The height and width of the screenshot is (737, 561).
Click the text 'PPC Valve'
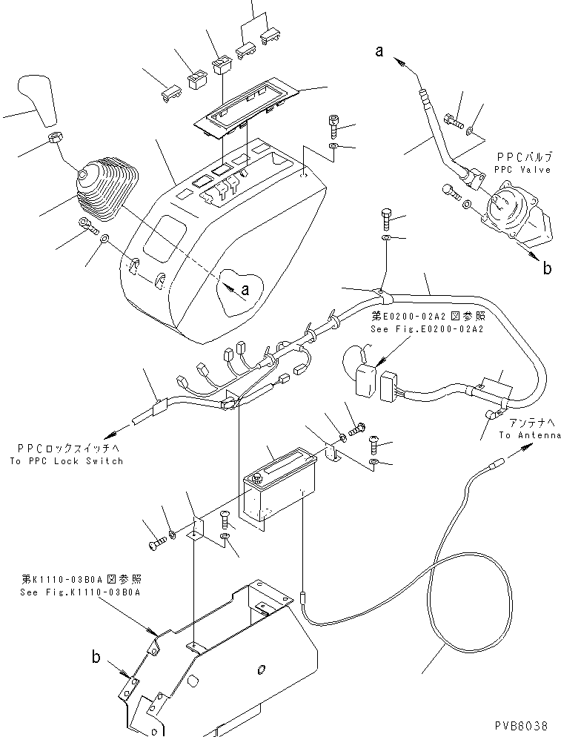tap(524, 170)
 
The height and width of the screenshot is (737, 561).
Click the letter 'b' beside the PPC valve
tap(547, 268)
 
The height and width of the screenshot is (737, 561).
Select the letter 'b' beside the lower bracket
tap(96, 655)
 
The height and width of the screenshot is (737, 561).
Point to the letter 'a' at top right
tap(379, 50)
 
